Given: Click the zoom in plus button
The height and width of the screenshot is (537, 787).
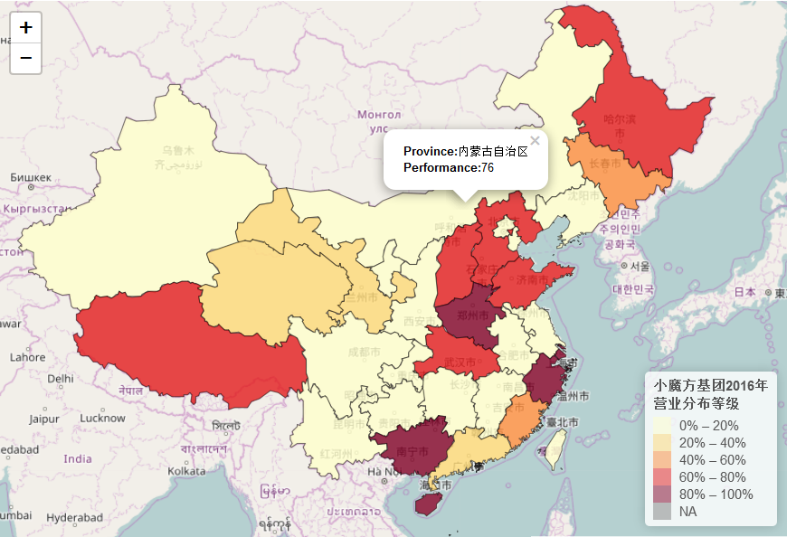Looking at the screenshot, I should [25, 28].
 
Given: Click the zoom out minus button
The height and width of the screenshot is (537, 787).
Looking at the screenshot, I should [25, 58].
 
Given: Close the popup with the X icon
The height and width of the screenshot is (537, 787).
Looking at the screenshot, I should [535, 141].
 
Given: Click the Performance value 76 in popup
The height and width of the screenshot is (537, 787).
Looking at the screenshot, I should [488, 167].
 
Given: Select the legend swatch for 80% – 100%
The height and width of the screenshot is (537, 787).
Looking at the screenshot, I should [662, 495].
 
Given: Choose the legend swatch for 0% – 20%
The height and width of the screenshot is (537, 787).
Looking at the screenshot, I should [662, 426].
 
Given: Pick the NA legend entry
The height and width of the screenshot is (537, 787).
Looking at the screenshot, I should [688, 512].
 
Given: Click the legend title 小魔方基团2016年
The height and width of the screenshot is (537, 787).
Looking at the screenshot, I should [711, 385].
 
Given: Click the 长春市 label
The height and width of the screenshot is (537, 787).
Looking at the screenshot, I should [605, 165].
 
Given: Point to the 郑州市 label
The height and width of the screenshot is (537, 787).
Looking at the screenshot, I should [473, 316].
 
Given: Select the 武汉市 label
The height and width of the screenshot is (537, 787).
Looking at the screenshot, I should [460, 362].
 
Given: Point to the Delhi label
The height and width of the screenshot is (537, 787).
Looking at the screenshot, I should [61, 379].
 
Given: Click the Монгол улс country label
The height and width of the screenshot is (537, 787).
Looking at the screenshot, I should [378, 120].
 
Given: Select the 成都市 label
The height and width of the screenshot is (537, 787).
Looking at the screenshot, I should [350, 353].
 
